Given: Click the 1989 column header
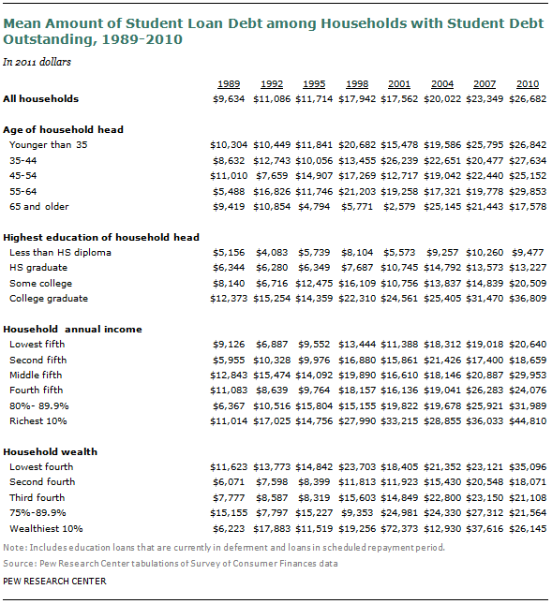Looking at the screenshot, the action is pos(229,84).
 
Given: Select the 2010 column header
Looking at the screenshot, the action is pos(528,84).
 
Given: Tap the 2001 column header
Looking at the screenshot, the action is pos(399,84).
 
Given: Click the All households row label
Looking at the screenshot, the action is pos(41,99).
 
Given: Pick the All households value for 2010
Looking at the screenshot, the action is pos(528,99).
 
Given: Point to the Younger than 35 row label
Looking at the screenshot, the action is pos(49,145).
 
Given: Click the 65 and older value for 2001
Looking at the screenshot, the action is pos(399,206).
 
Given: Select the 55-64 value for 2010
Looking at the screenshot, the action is pos(528,191).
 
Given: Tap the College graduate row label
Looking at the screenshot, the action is pos(49,299).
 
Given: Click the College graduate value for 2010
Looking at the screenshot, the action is pos(528,299).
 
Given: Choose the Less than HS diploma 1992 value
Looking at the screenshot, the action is pos(272,253).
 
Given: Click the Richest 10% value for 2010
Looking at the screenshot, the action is pos(528,421).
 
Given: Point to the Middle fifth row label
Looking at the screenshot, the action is pos(36,376).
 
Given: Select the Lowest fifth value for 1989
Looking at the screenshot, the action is pos(229,345).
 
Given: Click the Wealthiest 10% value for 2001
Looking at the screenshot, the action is pos(399,528).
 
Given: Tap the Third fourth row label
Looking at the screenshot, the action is pos(37,497).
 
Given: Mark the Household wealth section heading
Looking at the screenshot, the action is pos(50,452).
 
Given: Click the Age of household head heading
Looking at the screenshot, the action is pos(63,130).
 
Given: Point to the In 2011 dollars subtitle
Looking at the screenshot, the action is pos(37,62).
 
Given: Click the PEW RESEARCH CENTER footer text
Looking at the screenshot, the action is pos(54,582).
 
